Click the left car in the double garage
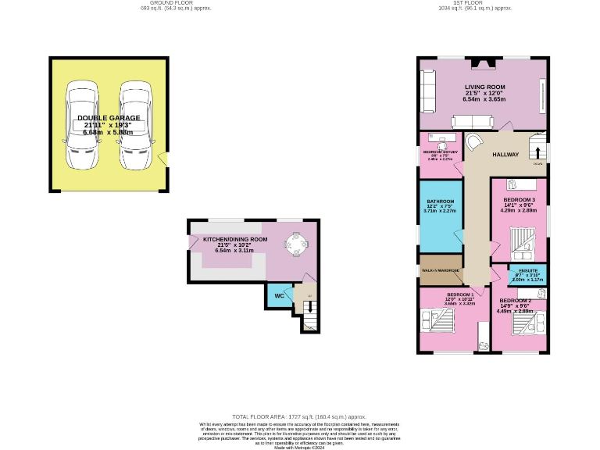[82, 125]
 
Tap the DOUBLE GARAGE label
[109, 118]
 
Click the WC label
[279, 296]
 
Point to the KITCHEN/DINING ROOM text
[235, 239]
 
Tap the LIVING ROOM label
[484, 87]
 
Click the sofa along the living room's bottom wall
[472, 121]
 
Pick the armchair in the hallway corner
[474, 142]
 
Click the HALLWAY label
[505, 155]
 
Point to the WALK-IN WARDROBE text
[439, 270]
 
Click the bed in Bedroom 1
[437, 320]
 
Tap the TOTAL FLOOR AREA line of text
[299, 417]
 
